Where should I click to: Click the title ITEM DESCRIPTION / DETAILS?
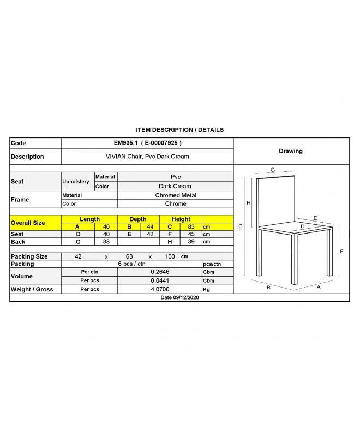pyautogui.click(x=179, y=130)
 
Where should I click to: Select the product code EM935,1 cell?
pyautogui.click(x=147, y=143)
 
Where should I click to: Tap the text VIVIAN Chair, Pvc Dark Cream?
pyautogui.click(x=147, y=157)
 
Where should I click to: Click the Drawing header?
pyautogui.click(x=290, y=151)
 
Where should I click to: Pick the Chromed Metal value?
pyautogui.click(x=175, y=195)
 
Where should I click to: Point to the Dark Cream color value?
pyautogui.click(x=175, y=186)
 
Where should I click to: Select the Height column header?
pyautogui.click(x=181, y=219)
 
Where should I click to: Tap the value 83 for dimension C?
pyautogui.click(x=191, y=226)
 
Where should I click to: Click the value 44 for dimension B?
pyautogui.click(x=149, y=226)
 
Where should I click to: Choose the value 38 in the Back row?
pyautogui.click(x=107, y=242)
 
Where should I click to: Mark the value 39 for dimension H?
pyautogui.click(x=191, y=242)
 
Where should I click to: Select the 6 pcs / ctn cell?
pyautogui.click(x=131, y=264)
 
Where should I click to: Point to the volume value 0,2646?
pyautogui.click(x=159, y=272)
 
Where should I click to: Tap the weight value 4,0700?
pyautogui.click(x=159, y=289)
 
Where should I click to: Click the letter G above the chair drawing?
pyautogui.click(x=272, y=170)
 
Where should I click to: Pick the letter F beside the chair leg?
pyautogui.click(x=341, y=252)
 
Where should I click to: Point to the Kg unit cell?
pyautogui.click(x=207, y=289)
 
